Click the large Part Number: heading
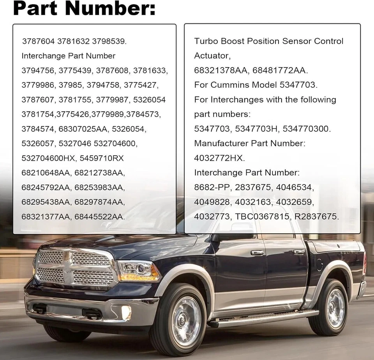tap(84, 9)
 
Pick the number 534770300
tap(306, 129)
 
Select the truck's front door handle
tap(257, 253)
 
